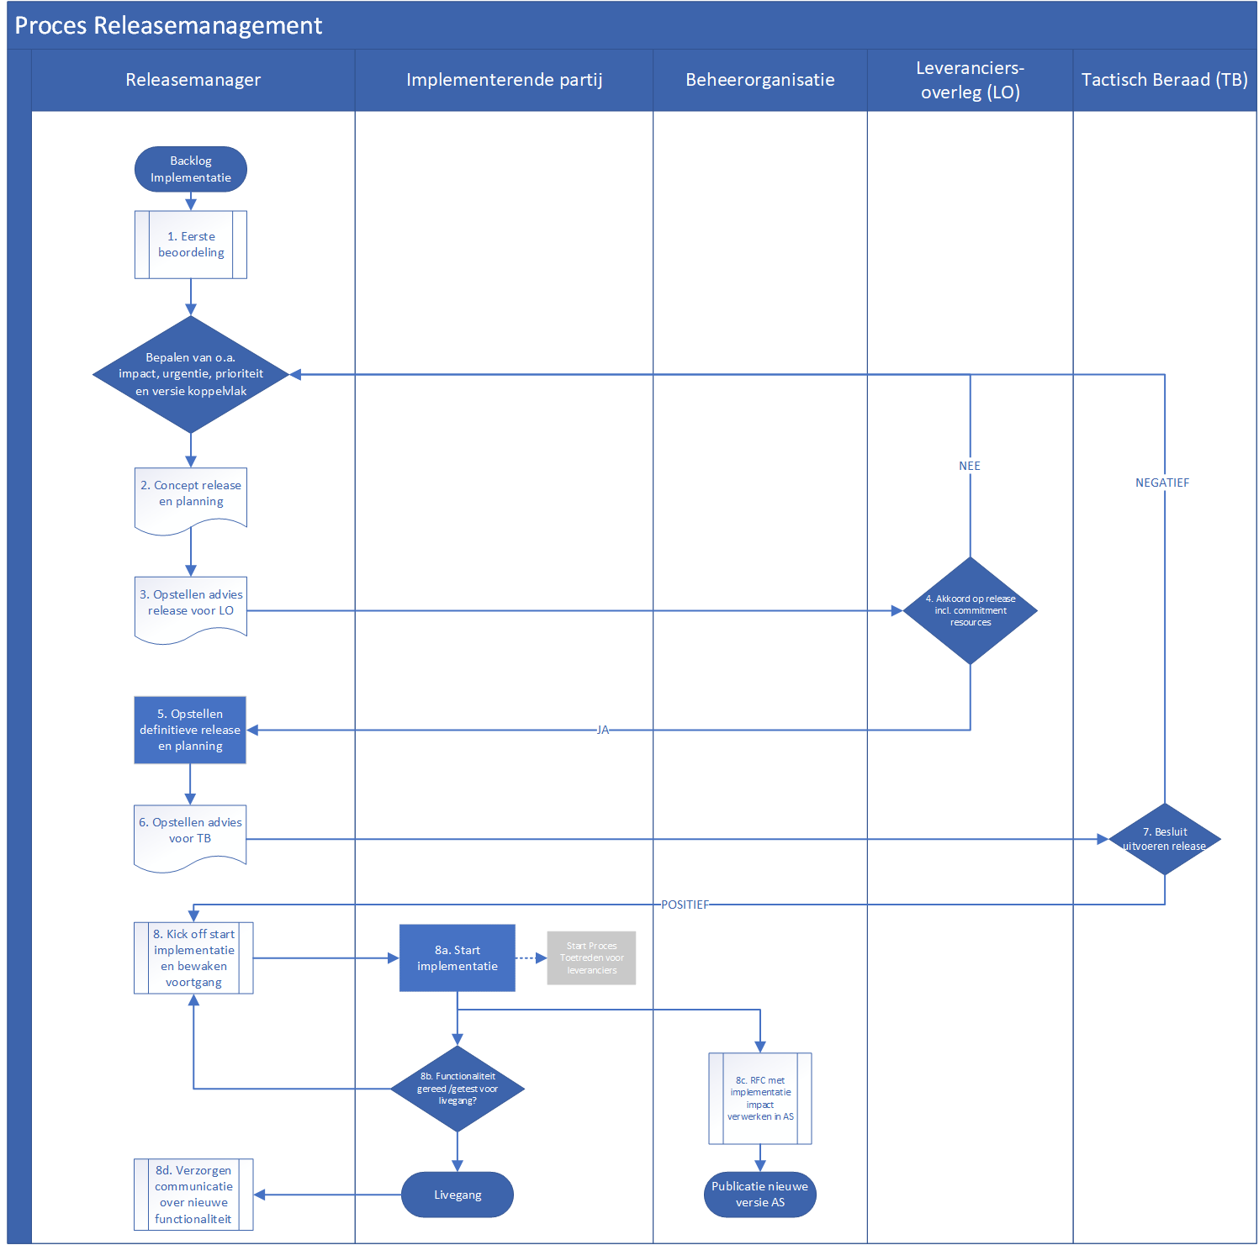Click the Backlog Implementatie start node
pos(191,169)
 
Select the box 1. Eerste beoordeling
pos(191,245)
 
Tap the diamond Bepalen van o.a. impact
pos(191,374)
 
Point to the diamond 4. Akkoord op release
pos(971,610)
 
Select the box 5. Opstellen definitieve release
pos(190,730)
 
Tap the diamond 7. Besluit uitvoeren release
pos(1165,839)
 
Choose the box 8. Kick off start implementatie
pos(193,958)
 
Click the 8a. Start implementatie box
pos(458,958)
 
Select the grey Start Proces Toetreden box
pos(591,958)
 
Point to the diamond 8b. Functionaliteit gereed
pos(458,1089)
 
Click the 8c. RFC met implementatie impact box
pos(760,1099)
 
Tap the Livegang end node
pos(458,1195)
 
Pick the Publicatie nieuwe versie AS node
pos(760,1195)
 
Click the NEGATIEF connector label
pos(1162,483)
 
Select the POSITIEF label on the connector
pos(685,905)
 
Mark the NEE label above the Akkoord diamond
pos(970,466)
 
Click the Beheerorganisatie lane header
pos(760,80)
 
